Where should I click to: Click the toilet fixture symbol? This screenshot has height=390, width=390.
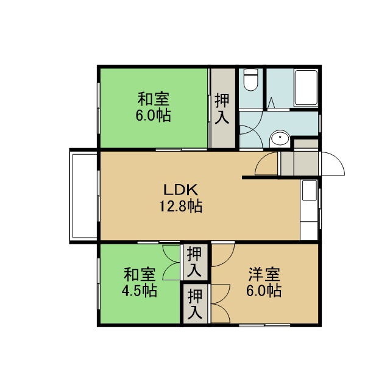(x=250, y=80)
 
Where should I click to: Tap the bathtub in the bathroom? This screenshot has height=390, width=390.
(x=306, y=88)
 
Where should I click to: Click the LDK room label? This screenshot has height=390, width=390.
(x=180, y=190)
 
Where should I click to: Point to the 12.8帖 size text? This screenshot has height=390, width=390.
(x=180, y=206)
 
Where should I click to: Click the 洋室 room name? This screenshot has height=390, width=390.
(x=264, y=274)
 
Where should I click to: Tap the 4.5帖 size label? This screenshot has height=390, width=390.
(x=140, y=290)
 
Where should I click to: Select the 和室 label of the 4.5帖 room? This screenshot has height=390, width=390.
(x=140, y=274)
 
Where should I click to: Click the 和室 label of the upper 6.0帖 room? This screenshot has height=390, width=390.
(x=154, y=99)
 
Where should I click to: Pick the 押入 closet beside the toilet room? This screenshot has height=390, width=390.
(x=223, y=108)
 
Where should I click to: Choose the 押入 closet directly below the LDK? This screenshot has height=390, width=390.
(x=194, y=262)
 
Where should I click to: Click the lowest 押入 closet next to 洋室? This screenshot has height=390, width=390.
(x=195, y=303)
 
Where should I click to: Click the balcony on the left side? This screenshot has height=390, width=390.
(x=83, y=196)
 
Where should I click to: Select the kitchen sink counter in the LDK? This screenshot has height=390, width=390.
(x=309, y=210)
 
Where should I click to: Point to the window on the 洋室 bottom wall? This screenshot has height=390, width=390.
(x=264, y=325)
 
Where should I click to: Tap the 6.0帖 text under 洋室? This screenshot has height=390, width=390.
(x=264, y=290)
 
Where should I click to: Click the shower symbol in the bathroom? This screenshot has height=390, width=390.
(x=271, y=102)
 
